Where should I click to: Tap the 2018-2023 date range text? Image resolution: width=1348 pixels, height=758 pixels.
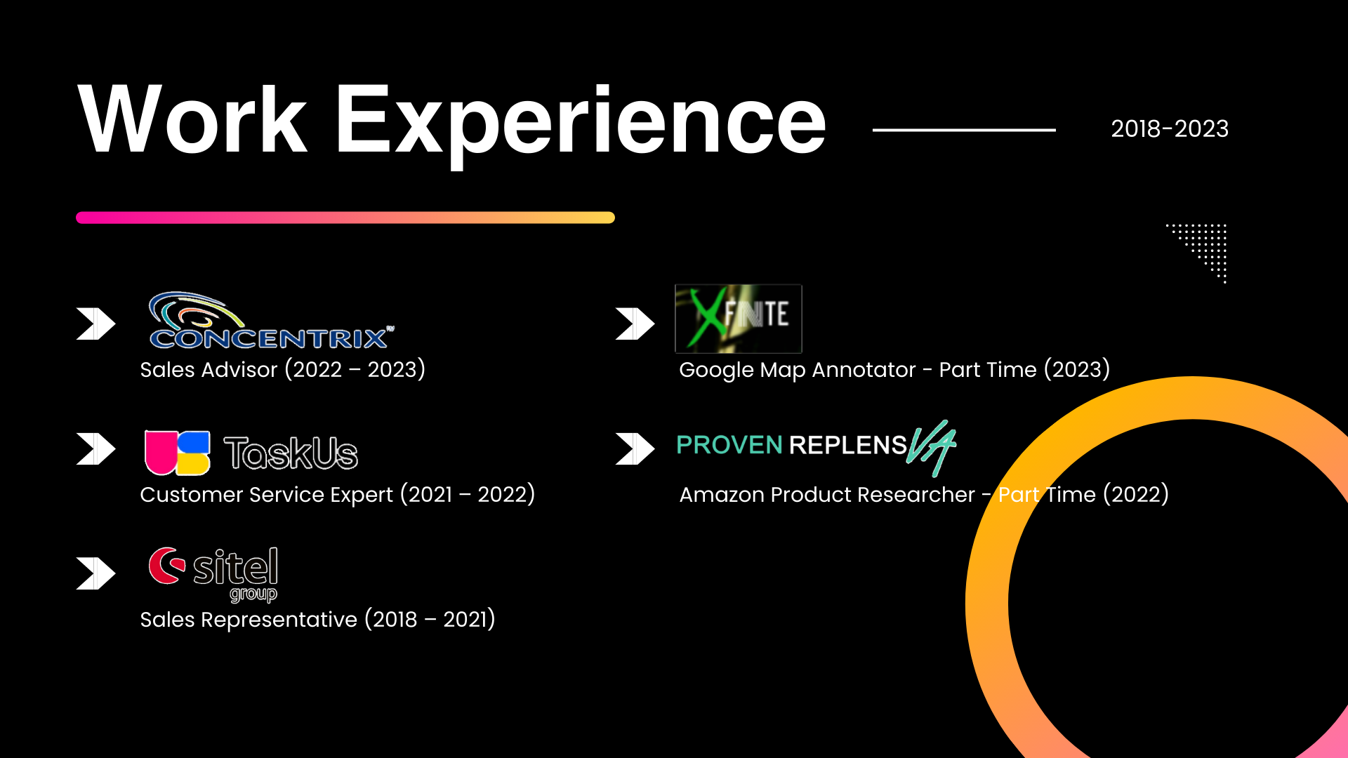(1170, 129)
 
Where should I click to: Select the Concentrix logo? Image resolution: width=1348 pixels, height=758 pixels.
(271, 320)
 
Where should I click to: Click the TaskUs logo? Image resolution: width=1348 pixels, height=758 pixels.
(251, 453)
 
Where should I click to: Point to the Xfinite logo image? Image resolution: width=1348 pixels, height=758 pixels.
(738, 319)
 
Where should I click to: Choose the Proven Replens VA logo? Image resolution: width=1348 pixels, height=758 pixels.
(817, 447)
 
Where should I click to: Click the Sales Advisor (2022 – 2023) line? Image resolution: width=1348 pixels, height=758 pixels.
(283, 369)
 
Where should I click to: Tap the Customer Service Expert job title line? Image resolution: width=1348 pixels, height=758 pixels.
(338, 494)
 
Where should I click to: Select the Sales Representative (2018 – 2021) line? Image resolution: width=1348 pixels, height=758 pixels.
(318, 619)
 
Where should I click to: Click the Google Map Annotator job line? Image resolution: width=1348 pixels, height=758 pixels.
(894, 369)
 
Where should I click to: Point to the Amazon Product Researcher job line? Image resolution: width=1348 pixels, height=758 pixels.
(924, 494)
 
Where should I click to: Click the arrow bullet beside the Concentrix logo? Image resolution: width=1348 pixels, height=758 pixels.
(96, 324)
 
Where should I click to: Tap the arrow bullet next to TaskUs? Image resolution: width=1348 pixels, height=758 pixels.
(96, 448)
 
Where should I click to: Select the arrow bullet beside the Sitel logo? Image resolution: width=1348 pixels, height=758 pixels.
(96, 573)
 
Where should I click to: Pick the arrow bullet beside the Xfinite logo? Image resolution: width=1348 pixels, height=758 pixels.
(635, 324)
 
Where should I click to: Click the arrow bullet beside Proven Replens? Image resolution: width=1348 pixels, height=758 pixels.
(635, 448)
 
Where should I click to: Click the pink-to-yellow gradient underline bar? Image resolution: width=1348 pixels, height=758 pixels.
(345, 218)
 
